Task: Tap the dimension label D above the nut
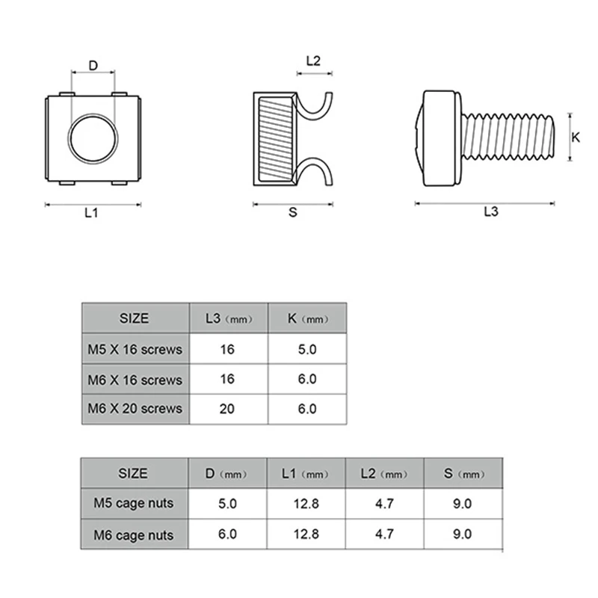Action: tap(93, 66)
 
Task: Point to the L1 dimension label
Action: tap(91, 212)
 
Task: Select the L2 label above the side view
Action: tap(313, 61)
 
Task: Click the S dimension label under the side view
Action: tap(292, 212)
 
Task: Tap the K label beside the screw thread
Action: tap(576, 138)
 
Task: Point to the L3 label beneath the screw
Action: tap(491, 212)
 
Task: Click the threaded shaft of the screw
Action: tap(508, 137)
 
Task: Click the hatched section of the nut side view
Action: tap(275, 139)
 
